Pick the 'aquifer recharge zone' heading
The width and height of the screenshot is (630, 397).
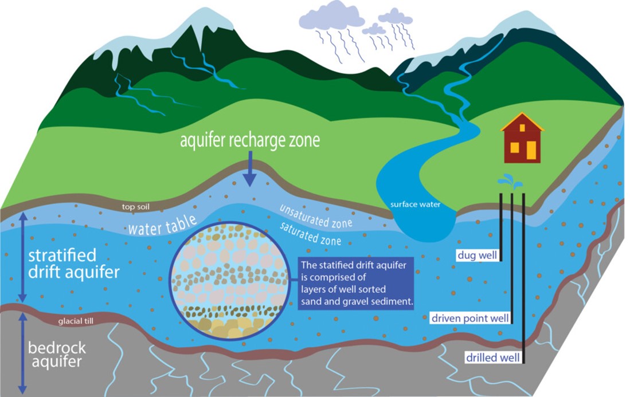250,141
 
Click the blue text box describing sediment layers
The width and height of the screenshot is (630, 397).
357,283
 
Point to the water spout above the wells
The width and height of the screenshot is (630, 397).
510,183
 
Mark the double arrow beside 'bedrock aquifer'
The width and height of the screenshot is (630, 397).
22,352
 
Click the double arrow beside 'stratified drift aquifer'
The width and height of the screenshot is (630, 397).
22,257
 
